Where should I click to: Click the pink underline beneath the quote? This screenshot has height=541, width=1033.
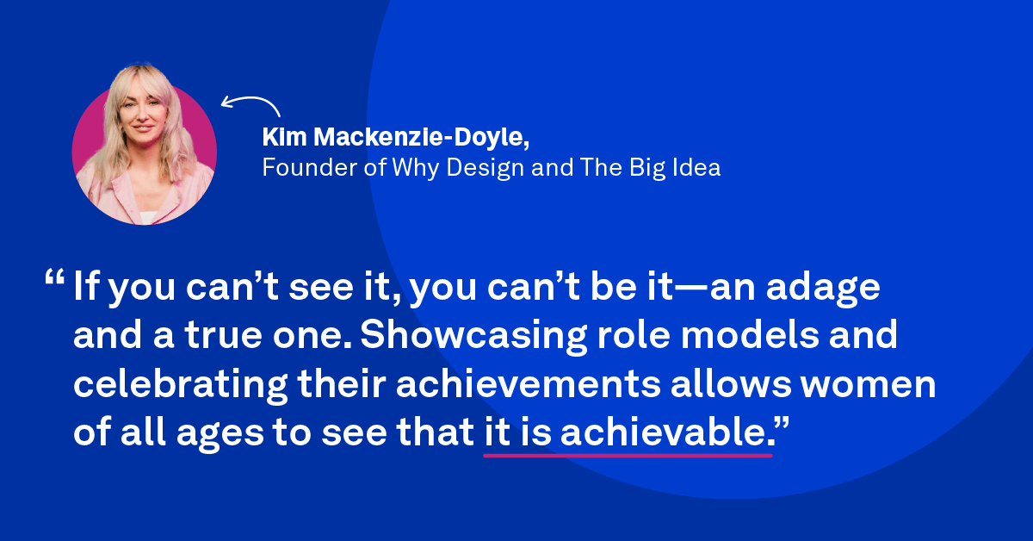[x=628, y=454]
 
